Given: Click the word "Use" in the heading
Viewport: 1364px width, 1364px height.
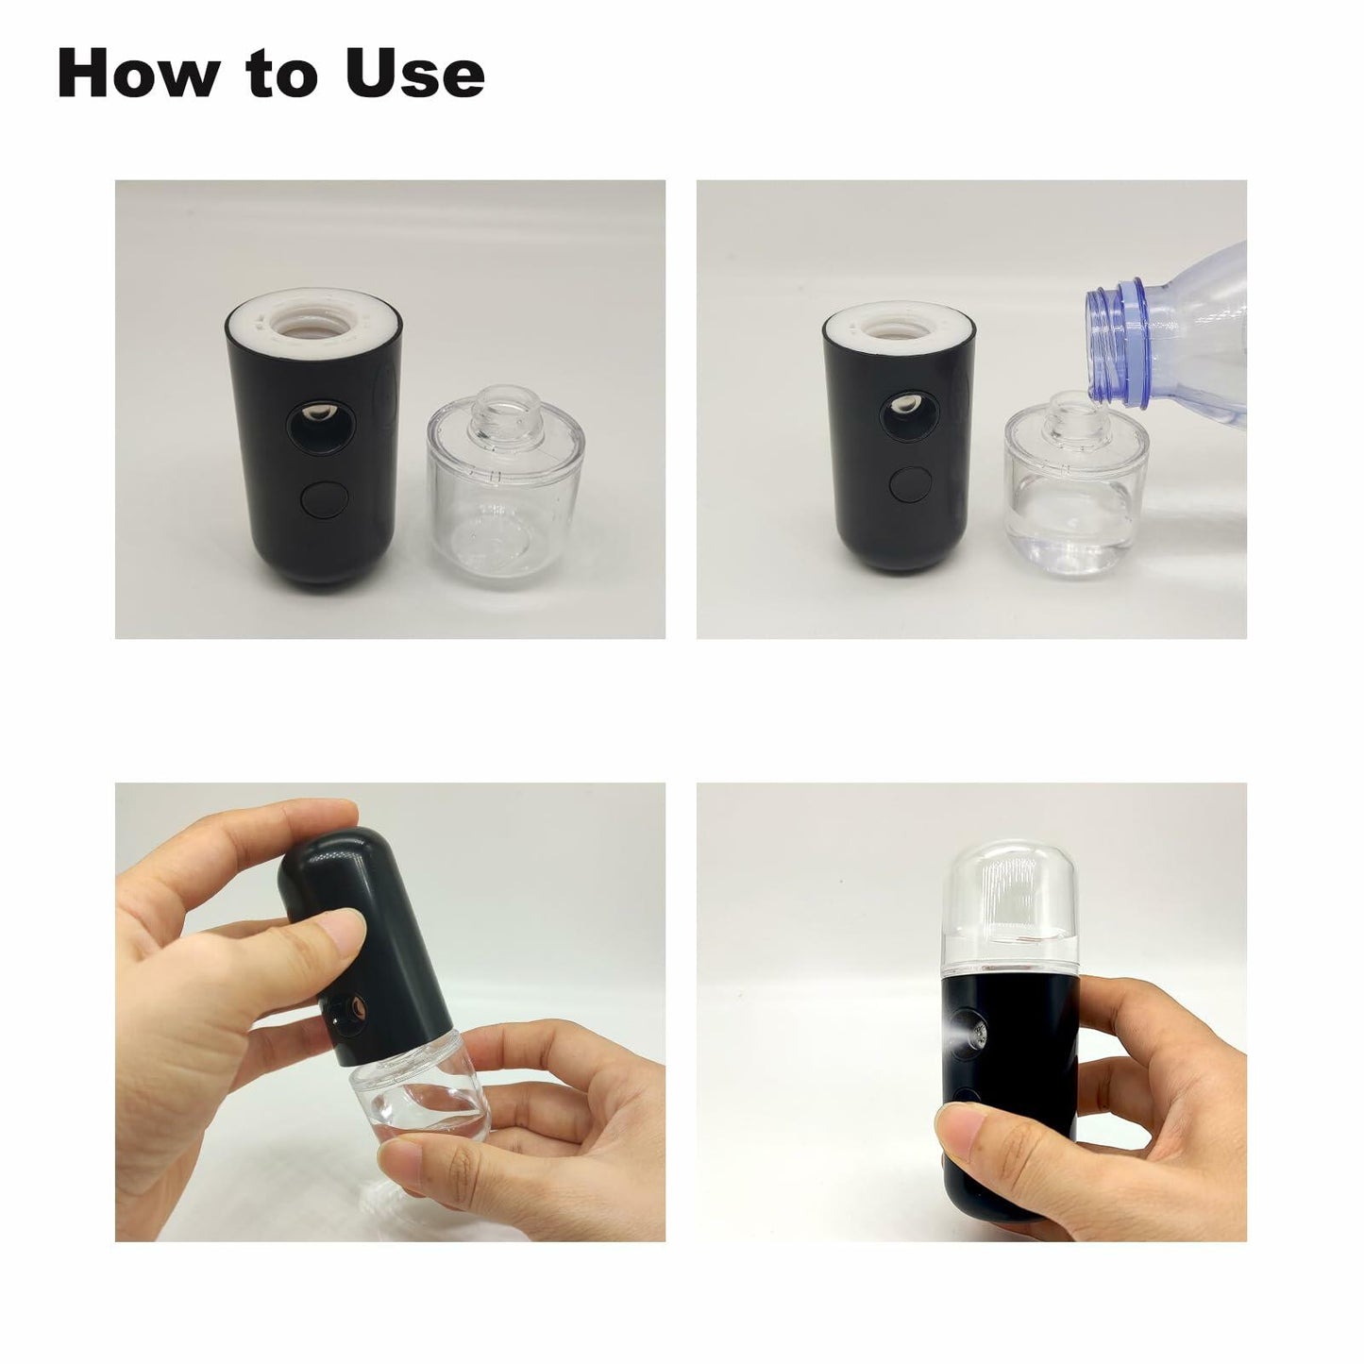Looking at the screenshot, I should coord(414,73).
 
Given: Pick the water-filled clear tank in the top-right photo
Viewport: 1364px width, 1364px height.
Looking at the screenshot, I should coord(1076,500).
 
